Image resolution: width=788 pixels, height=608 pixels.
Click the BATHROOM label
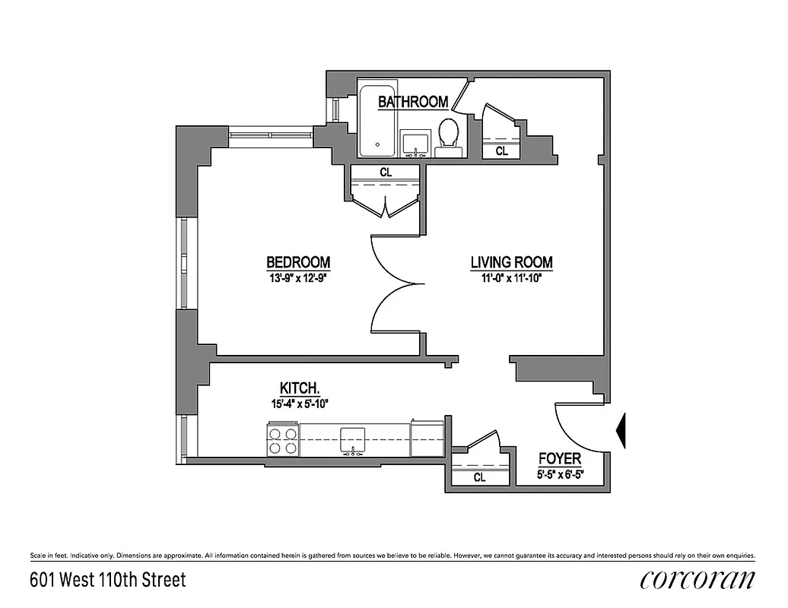pyautogui.click(x=413, y=101)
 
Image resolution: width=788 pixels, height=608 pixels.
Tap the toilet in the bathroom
pyautogui.click(x=448, y=137)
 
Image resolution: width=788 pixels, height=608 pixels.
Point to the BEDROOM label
pyautogui.click(x=298, y=262)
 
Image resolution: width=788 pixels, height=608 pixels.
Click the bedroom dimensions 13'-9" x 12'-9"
pyautogui.click(x=298, y=277)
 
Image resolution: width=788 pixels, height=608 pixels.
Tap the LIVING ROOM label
pyautogui.click(x=511, y=263)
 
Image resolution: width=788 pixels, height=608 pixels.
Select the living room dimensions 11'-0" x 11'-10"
pyautogui.click(x=511, y=277)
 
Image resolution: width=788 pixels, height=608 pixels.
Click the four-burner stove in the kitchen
pyautogui.click(x=282, y=440)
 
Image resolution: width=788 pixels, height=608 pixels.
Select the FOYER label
pyautogui.click(x=560, y=458)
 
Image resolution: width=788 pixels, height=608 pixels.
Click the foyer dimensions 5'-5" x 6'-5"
pyautogui.click(x=560, y=477)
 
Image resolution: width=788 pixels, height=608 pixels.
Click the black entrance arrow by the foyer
pyautogui.click(x=620, y=430)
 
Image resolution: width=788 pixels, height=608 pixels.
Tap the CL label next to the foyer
pyautogui.click(x=479, y=478)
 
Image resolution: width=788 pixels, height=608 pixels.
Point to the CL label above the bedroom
pyautogui.click(x=386, y=173)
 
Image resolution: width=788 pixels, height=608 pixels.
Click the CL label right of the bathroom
pyautogui.click(x=502, y=151)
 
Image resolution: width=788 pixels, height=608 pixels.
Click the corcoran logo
pyautogui.click(x=698, y=580)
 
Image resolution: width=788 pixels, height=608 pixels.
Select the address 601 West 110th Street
pyautogui.click(x=107, y=580)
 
